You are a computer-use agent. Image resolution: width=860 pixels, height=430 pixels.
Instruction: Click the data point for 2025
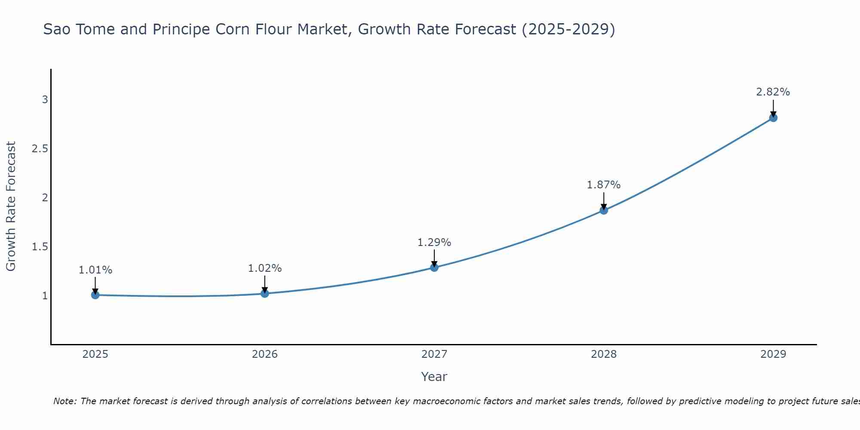95,295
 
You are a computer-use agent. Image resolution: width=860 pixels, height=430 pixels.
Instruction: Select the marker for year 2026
265,294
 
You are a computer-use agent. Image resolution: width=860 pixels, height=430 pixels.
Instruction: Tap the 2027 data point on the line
434,267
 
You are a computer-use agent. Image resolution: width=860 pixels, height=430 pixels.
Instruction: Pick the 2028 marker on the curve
604,210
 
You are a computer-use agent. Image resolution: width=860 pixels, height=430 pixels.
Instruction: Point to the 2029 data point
773,118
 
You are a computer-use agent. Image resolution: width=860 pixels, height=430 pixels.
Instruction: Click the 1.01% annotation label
95,270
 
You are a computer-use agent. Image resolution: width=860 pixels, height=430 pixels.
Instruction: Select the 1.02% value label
265,268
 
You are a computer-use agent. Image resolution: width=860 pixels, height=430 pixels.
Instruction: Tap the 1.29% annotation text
434,243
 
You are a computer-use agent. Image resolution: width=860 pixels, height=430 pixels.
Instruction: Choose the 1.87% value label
604,185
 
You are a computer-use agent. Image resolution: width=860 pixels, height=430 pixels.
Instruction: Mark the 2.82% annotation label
773,92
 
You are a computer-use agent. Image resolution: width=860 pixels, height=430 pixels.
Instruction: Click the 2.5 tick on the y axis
40,149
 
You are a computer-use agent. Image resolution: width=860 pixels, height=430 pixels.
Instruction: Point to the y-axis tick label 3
45,100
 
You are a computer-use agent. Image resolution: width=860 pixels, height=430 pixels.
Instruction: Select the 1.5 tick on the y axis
40,247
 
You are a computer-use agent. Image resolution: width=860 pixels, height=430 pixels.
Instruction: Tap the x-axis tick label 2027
434,354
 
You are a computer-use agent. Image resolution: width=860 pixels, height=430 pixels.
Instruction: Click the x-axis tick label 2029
773,354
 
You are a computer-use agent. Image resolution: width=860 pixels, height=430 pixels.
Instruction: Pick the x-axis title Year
434,377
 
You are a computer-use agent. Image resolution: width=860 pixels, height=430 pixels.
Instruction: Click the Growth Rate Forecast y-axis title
11,206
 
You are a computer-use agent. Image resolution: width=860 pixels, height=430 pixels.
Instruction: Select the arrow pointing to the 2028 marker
604,201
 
